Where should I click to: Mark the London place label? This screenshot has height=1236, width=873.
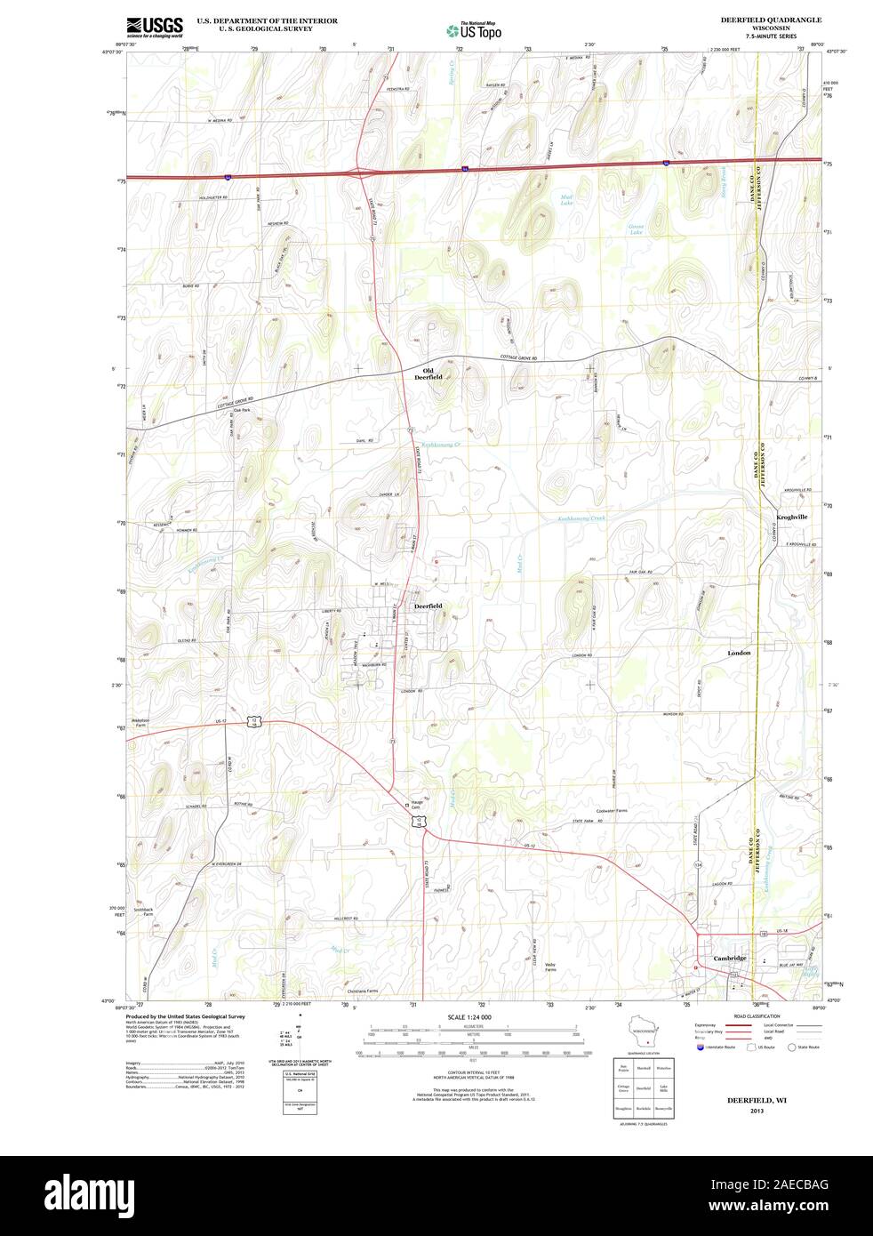739,653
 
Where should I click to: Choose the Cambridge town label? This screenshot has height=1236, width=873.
729,958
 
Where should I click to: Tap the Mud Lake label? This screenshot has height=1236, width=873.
566,199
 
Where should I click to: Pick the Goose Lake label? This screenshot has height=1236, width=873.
636,229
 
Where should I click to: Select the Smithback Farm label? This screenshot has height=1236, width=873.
144,911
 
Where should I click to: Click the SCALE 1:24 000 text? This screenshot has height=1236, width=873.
469,1017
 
